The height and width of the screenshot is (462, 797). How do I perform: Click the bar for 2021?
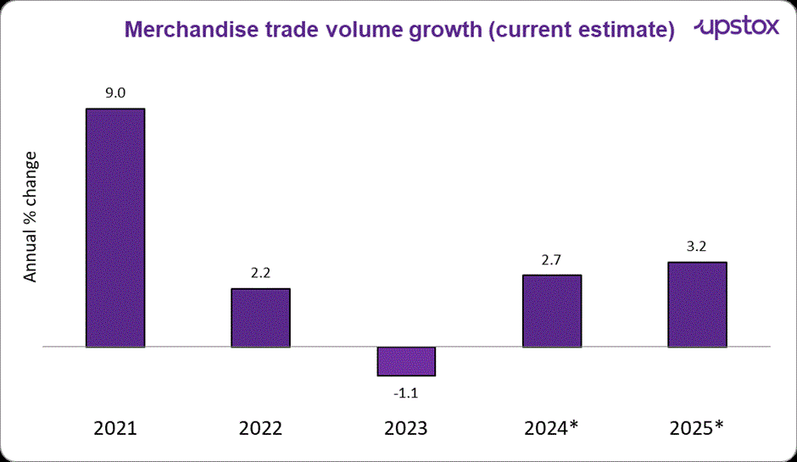click(x=115, y=228)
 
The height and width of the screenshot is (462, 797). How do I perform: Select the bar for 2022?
click(x=260, y=318)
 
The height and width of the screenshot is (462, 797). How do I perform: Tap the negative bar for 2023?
click(x=406, y=361)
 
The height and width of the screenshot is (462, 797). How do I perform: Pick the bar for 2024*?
click(x=552, y=311)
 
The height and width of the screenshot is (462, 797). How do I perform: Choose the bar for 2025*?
click(x=697, y=304)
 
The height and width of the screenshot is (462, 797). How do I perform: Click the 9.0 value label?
click(x=115, y=94)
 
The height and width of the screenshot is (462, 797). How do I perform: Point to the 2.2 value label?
click(x=260, y=274)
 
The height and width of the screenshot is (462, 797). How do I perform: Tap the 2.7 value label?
click(x=552, y=260)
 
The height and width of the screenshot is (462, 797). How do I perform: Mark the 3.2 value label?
click(x=697, y=248)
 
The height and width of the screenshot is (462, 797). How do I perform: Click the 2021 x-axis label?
click(x=115, y=428)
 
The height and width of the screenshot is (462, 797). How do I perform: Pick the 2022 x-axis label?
click(x=260, y=428)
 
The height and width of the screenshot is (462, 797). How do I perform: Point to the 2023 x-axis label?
click(x=406, y=428)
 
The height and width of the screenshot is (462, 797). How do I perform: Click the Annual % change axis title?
click(x=31, y=217)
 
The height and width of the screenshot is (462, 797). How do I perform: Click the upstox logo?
click(x=737, y=28)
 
